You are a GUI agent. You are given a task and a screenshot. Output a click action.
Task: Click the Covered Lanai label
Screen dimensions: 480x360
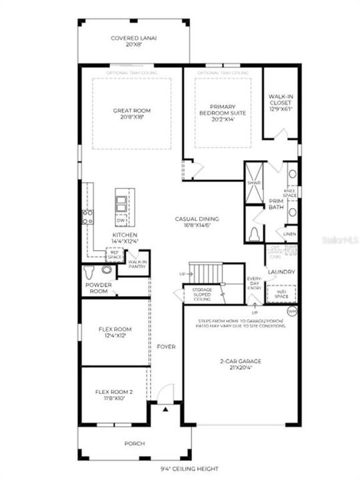133,39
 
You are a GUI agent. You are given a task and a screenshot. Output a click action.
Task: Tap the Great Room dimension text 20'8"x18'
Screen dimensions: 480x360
131,117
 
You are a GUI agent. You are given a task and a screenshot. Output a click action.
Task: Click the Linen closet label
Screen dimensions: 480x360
289,235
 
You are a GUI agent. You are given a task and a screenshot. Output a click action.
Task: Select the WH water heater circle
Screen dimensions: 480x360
291,311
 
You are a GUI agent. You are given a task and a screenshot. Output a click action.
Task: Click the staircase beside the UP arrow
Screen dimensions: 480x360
207,272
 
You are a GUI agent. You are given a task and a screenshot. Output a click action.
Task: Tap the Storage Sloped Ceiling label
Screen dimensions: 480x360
202,294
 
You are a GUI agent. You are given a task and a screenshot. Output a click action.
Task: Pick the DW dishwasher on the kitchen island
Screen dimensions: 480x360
121,219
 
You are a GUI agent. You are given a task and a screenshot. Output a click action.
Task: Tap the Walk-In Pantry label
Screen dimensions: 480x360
137,265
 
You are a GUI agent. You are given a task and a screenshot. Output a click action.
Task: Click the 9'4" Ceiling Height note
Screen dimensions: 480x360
180,469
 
